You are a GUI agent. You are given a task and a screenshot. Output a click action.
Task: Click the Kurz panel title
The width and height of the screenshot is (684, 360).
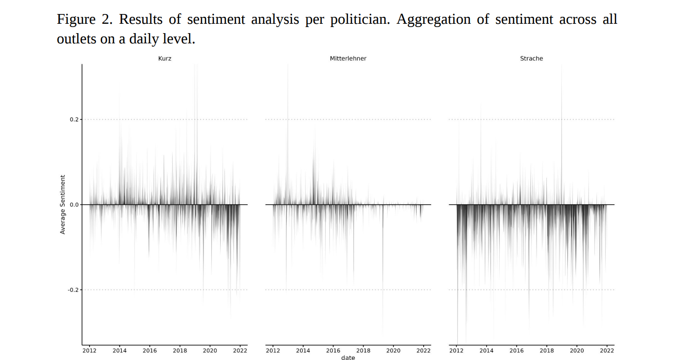(x=165, y=59)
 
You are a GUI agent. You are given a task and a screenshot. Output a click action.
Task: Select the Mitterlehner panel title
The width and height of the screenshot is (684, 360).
(x=348, y=59)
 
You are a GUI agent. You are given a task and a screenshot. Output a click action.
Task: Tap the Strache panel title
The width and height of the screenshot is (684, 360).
(x=531, y=59)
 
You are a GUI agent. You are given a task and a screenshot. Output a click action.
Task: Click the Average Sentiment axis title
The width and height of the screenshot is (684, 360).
(x=63, y=204)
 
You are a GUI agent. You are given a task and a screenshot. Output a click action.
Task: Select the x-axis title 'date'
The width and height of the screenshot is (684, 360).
(x=348, y=358)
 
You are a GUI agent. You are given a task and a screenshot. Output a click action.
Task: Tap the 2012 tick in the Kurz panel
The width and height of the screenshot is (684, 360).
(x=90, y=351)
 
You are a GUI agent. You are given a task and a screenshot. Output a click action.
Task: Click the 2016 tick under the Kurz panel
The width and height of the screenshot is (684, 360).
(x=150, y=351)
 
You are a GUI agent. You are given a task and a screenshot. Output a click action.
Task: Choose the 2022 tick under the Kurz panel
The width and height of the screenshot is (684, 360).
(x=240, y=351)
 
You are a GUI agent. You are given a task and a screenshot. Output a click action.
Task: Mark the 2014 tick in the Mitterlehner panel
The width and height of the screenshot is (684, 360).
(x=303, y=351)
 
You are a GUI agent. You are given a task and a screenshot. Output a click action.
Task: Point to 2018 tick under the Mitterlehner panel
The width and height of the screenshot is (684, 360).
(x=363, y=351)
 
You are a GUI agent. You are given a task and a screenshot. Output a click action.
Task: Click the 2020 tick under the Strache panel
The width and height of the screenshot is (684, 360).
(x=577, y=351)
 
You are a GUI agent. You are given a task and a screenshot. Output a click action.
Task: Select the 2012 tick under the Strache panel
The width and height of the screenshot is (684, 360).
(x=456, y=351)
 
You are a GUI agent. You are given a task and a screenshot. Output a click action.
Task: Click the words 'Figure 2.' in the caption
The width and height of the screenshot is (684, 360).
(x=84, y=20)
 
